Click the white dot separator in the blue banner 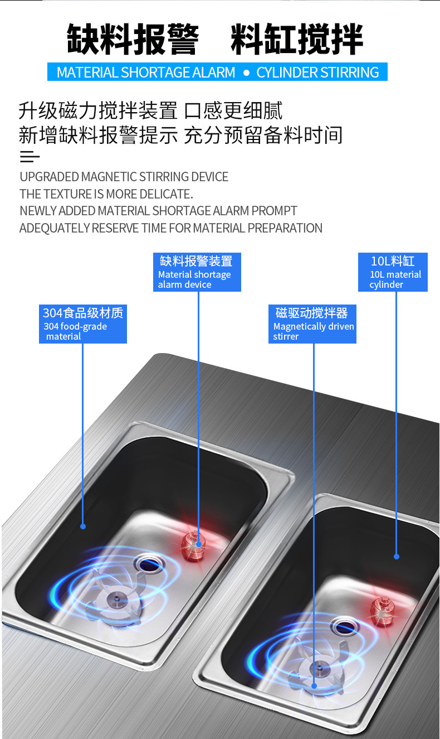coord(246,73)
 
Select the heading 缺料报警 coord(133,38)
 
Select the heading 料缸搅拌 coord(297,38)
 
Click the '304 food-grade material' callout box coord(83,324)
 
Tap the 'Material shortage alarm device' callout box coord(197,272)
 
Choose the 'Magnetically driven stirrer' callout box coord(312,324)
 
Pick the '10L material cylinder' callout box coord(393,272)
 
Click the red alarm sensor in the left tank coord(194,546)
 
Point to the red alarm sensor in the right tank coord(383,612)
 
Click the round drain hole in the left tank coord(148,564)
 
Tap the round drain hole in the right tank coord(345,627)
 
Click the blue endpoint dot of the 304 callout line coord(83,527)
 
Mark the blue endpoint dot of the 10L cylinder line coord(397,557)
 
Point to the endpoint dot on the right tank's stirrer coord(314,686)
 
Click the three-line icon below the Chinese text coord(30,156)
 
